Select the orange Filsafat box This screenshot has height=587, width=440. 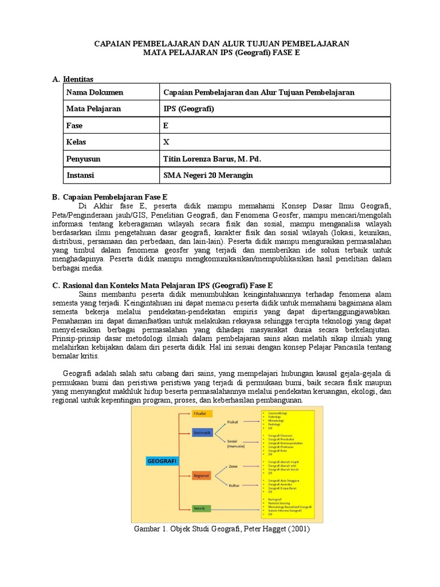point(202,413)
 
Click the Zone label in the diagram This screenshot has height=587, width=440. point(233,467)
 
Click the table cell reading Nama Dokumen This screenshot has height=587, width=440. point(95,92)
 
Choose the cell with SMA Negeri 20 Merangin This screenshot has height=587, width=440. point(208,175)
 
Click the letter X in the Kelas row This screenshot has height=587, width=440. point(167,142)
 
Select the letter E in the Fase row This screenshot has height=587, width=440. point(166,126)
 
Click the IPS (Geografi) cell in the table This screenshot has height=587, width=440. point(188,109)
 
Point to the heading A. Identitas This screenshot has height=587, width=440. point(72,79)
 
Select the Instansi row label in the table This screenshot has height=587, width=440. point(80,175)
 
